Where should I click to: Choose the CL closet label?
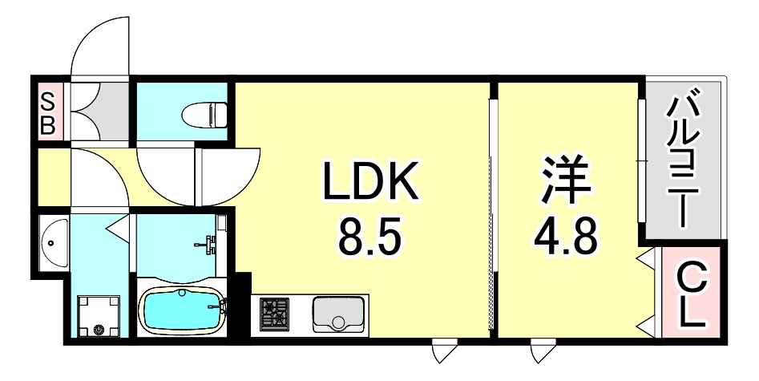(x=692, y=296)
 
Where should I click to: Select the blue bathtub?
(x=182, y=309)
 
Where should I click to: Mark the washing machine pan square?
(x=97, y=316)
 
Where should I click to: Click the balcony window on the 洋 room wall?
(x=640, y=160)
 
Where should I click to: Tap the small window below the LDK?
(x=443, y=350)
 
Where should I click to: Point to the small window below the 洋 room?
(x=543, y=350)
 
